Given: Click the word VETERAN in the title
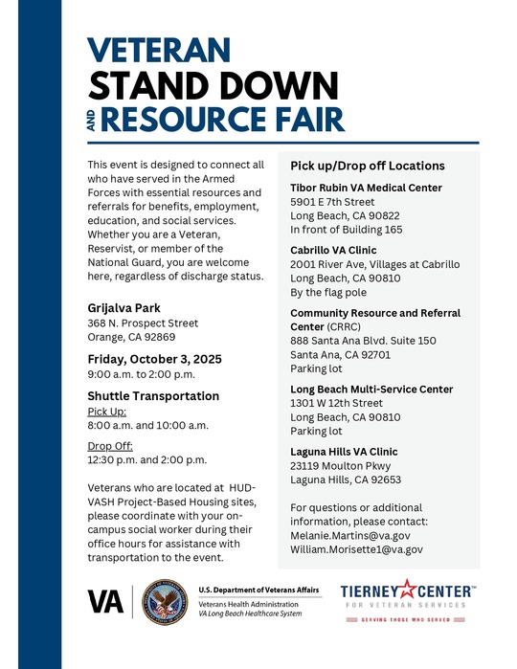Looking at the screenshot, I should pyautogui.click(x=159, y=49).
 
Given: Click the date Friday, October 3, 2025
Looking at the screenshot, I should pyautogui.click(x=154, y=359).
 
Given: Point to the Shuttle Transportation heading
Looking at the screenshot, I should pyautogui.click(x=153, y=395).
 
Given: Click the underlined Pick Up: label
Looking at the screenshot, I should pyautogui.click(x=106, y=412).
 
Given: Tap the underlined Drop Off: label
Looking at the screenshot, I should pyautogui.click(x=109, y=445).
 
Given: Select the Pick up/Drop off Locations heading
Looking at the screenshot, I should pyautogui.click(x=368, y=166).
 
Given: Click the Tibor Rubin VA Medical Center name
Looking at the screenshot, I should pyautogui.click(x=365, y=188).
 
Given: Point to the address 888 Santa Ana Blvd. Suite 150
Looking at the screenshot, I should pyautogui.click(x=363, y=341).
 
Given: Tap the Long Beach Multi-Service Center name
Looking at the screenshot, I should pyautogui.click(x=371, y=389).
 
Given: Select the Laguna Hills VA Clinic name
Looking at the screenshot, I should pyautogui.click(x=344, y=451).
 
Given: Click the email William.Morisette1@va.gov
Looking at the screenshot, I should pyautogui.click(x=356, y=550).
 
